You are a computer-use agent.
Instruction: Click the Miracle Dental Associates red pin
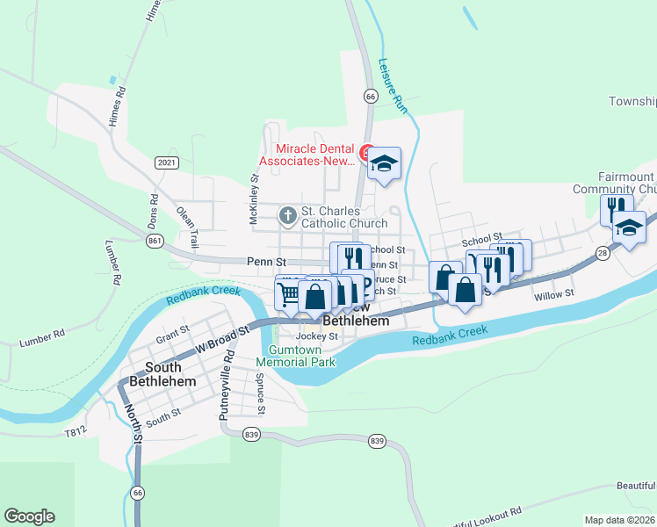click(x=368, y=153)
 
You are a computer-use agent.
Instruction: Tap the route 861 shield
click(x=155, y=240)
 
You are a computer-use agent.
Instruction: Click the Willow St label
click(x=553, y=296)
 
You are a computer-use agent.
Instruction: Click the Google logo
click(x=29, y=516)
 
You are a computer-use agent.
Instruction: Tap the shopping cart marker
click(x=290, y=292)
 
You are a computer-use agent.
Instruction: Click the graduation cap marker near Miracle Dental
click(x=384, y=163)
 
